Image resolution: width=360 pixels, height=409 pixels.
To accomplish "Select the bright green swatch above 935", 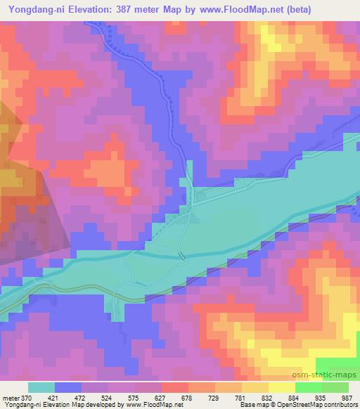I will pos(308,387).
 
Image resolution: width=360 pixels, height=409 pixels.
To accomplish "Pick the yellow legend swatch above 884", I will pos(281,387).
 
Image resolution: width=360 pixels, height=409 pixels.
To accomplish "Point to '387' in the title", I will pos(129,9).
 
